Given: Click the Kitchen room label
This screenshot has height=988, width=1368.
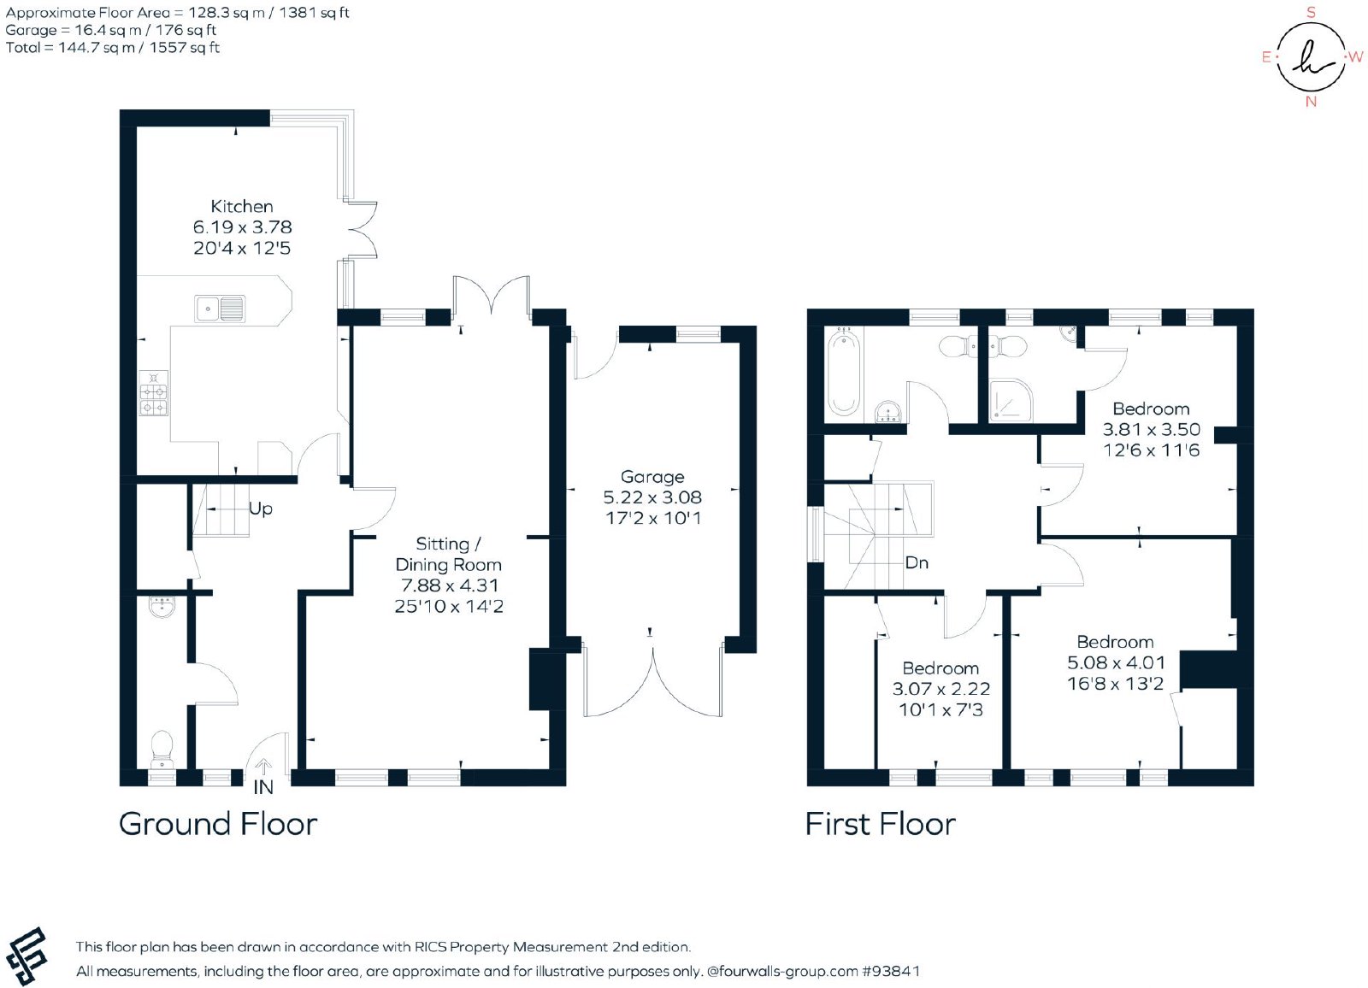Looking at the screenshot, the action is pyautogui.click(x=242, y=206).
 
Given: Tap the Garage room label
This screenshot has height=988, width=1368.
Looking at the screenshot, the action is pyautogui.click(x=652, y=477).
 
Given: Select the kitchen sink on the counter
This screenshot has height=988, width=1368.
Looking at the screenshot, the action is pyautogui.click(x=220, y=309).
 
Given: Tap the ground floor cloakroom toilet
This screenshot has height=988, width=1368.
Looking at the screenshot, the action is pyautogui.click(x=162, y=750).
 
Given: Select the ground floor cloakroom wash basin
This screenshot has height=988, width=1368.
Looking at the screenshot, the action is pyautogui.click(x=162, y=606).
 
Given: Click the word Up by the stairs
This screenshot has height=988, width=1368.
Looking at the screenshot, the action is pyautogui.click(x=261, y=509).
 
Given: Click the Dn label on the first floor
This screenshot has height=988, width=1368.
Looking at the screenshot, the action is pyautogui.click(x=917, y=562).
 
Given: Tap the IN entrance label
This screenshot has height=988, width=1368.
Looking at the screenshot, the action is pyautogui.click(x=263, y=788).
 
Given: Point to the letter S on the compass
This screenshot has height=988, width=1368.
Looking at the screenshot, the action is pyautogui.click(x=1311, y=13).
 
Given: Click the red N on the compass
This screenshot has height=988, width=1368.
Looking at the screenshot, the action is pyautogui.click(x=1311, y=102).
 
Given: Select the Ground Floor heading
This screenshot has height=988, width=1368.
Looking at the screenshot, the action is pyautogui.click(x=218, y=824).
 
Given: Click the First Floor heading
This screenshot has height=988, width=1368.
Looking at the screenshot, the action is pyautogui.click(x=880, y=824).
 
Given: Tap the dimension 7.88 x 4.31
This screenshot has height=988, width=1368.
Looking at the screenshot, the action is pyautogui.click(x=450, y=585).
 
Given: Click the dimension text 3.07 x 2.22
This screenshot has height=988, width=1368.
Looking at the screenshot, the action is pyautogui.click(x=941, y=689).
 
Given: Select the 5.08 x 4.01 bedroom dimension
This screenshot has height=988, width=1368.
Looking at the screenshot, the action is pyautogui.click(x=1116, y=662).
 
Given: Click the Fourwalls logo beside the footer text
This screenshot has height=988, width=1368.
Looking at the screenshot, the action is pyautogui.click(x=26, y=956).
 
